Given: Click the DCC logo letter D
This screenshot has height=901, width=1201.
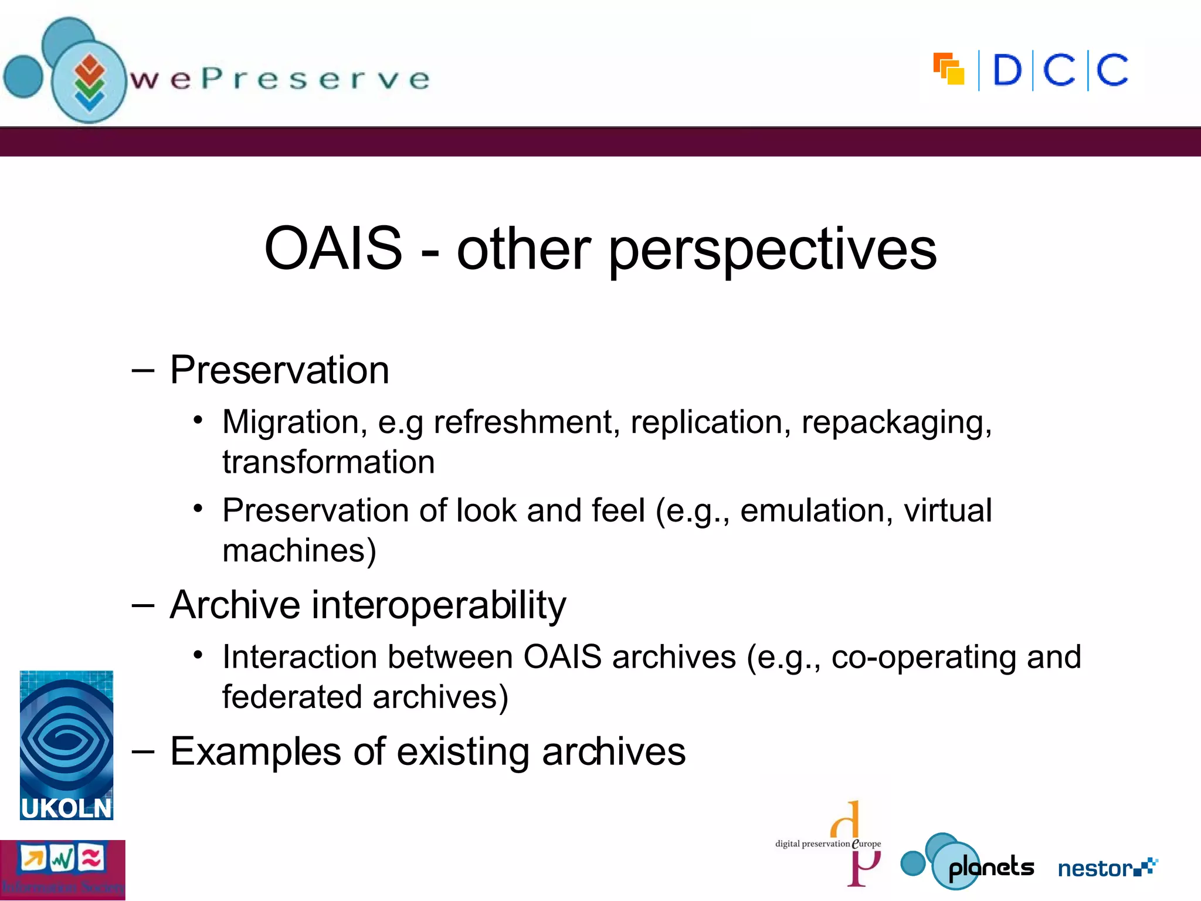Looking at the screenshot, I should pyautogui.click(x=1007, y=70).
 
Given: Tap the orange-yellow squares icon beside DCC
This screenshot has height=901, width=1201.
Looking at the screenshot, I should pyautogui.click(x=949, y=69).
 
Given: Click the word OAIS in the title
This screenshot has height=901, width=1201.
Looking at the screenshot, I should pyautogui.click(x=333, y=249).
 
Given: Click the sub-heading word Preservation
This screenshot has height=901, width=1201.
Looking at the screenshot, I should pyautogui.click(x=279, y=371).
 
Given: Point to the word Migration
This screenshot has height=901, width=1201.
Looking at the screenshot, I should pyautogui.click(x=294, y=422).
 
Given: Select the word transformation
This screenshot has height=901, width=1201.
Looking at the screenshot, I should pyautogui.click(x=328, y=462).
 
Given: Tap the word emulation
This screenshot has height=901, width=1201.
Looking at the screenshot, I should pyautogui.click(x=816, y=510).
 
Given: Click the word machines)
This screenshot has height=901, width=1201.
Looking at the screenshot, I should pyautogui.click(x=299, y=551).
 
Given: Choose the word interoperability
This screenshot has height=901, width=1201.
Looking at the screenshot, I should pyautogui.click(x=438, y=605).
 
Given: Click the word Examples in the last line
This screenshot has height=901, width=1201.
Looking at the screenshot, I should pyautogui.click(x=255, y=752).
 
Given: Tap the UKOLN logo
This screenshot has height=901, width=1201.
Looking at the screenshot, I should pyautogui.click(x=66, y=745).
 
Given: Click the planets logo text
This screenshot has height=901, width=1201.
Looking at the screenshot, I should pyautogui.click(x=990, y=867).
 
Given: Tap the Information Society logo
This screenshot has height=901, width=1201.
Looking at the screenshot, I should pyautogui.click(x=62, y=870).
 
